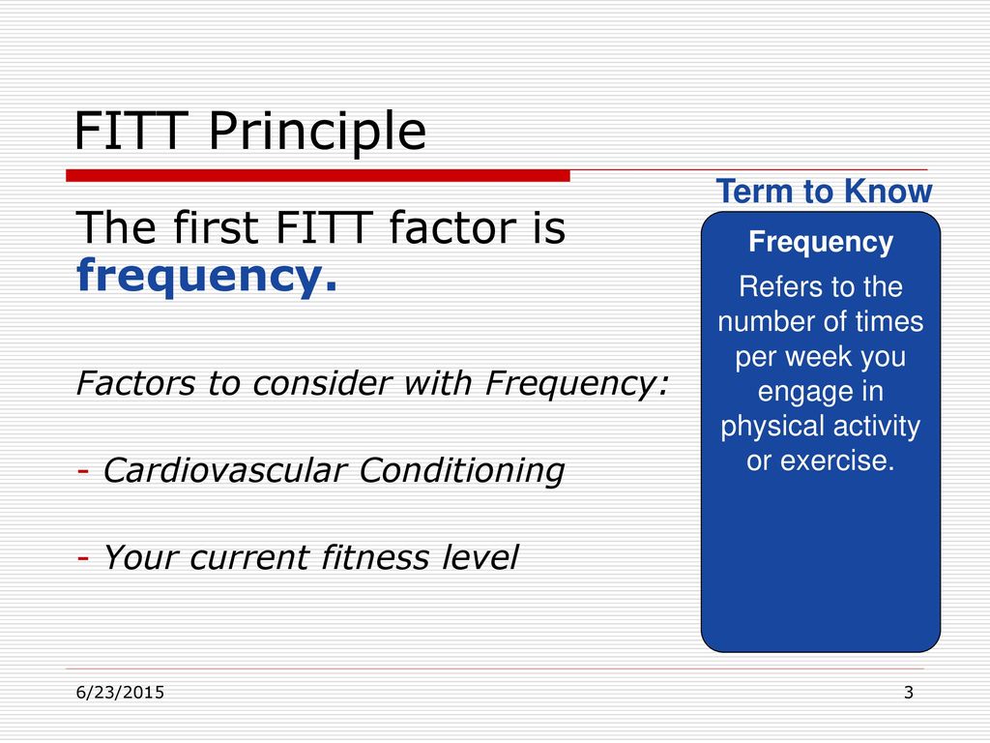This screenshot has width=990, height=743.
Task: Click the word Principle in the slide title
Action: pyautogui.click(x=317, y=132)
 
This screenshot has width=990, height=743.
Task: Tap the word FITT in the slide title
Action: pyautogui.click(x=131, y=131)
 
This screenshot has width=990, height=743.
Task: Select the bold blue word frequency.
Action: pyautogui.click(x=207, y=277)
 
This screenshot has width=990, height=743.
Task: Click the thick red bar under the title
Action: pyautogui.click(x=318, y=176)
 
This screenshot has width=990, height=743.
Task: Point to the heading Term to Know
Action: pyautogui.click(x=824, y=191)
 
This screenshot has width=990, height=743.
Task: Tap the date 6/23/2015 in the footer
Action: pyautogui.click(x=120, y=693)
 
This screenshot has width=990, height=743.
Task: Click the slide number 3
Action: pyautogui.click(x=909, y=693)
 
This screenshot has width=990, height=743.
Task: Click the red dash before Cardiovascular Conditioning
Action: pyautogui.click(x=83, y=471)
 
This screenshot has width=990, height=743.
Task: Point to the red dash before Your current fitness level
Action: pyautogui.click(x=83, y=558)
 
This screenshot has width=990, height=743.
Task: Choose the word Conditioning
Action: pyautogui.click(x=461, y=471)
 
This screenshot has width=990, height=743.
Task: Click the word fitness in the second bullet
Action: pyautogui.click(x=375, y=557)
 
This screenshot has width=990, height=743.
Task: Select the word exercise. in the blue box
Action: pyautogui.click(x=838, y=461)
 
